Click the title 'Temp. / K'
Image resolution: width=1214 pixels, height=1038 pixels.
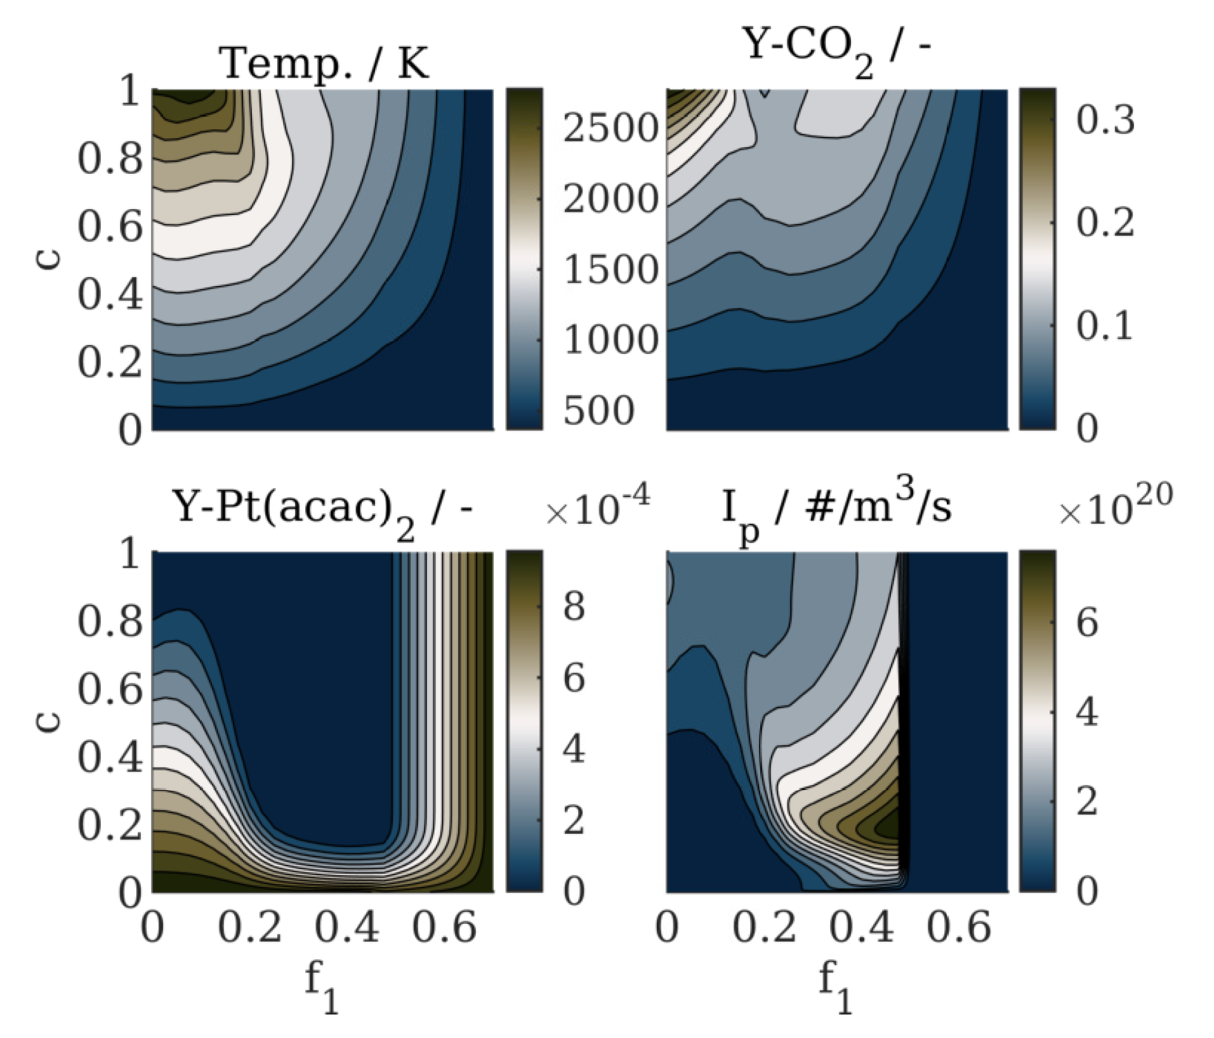click(x=324, y=63)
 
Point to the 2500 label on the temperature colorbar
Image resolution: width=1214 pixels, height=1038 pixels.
click(x=610, y=128)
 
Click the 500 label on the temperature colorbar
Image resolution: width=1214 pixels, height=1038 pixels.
click(x=598, y=410)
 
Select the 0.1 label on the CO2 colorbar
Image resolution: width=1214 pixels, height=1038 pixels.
click(x=1105, y=326)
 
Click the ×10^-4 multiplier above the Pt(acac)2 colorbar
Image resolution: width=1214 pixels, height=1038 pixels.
click(x=597, y=511)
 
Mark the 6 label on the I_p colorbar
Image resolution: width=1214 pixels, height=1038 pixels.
click(x=1086, y=623)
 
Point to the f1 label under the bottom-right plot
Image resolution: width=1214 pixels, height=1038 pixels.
click(x=835, y=986)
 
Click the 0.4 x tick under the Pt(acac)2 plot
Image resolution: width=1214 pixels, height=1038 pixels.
click(x=346, y=928)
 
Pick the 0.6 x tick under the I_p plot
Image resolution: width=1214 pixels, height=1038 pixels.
click(x=958, y=928)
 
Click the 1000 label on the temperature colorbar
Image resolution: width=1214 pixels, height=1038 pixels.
click(x=610, y=340)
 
